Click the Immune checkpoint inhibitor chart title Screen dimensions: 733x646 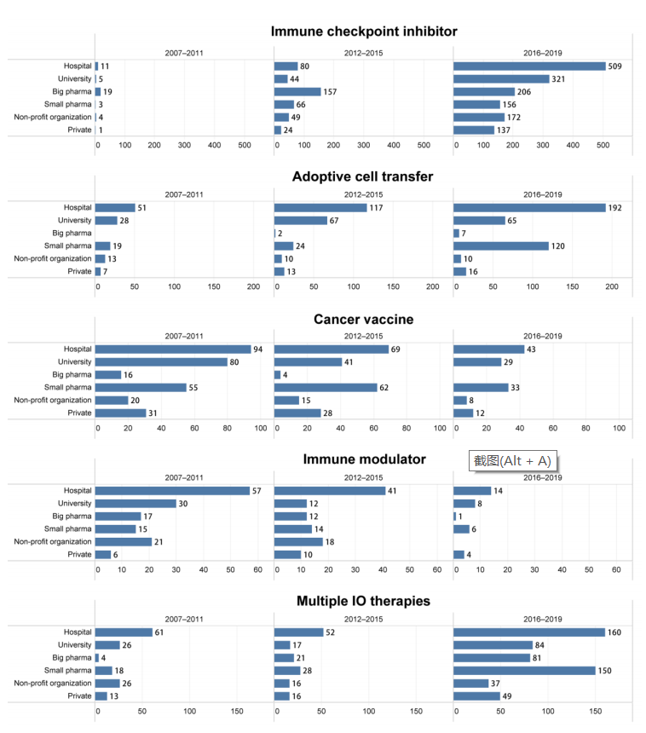tap(364, 32)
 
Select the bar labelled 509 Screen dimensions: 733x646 tap(529, 66)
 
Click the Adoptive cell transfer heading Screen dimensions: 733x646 tap(362, 176)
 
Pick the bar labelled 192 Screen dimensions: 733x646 tap(529, 207)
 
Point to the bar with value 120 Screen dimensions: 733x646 tap(501, 245)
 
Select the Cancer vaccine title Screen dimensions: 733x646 tap(363, 319)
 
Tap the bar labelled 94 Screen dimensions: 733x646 tap(173, 349)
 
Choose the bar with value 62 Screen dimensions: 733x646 tap(325, 387)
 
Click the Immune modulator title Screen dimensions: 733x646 tap(364, 459)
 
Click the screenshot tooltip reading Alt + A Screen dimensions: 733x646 tap(513, 461)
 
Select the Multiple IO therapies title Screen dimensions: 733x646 tap(363, 601)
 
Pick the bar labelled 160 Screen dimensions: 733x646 tap(529, 632)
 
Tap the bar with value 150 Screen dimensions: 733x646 tap(524, 671)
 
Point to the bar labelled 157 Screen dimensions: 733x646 tap(297, 92)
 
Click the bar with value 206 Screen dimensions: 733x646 tap(484, 92)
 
